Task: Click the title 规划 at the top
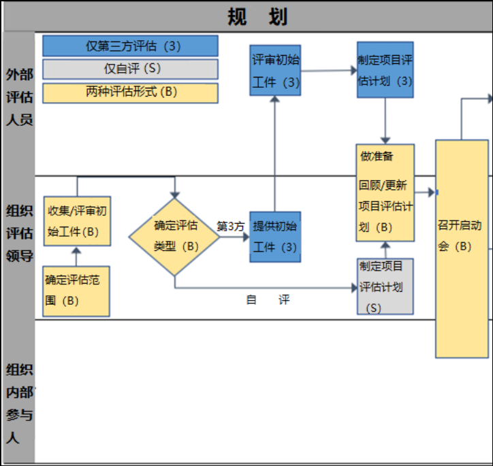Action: pos(257,16)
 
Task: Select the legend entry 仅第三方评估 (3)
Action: pos(130,46)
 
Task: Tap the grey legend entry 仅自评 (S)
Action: pos(130,69)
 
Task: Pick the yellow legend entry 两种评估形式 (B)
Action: pos(130,93)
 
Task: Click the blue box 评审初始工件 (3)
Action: pos(275,70)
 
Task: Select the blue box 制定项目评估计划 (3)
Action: pos(385,70)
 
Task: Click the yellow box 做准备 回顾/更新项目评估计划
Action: pos(385,193)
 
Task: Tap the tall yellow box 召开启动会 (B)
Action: pos(462,248)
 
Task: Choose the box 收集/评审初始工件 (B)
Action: pos(77,221)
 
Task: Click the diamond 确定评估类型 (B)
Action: pos(175,236)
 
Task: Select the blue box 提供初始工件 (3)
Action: pos(275,236)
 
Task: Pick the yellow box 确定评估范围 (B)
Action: pos(76,290)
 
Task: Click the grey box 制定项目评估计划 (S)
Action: pos(385,286)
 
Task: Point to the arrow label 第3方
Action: pos(231,226)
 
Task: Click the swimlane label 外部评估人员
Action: pos(19,97)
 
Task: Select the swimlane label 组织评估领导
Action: pos(19,233)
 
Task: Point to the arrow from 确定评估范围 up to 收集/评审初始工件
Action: pos(76,256)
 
